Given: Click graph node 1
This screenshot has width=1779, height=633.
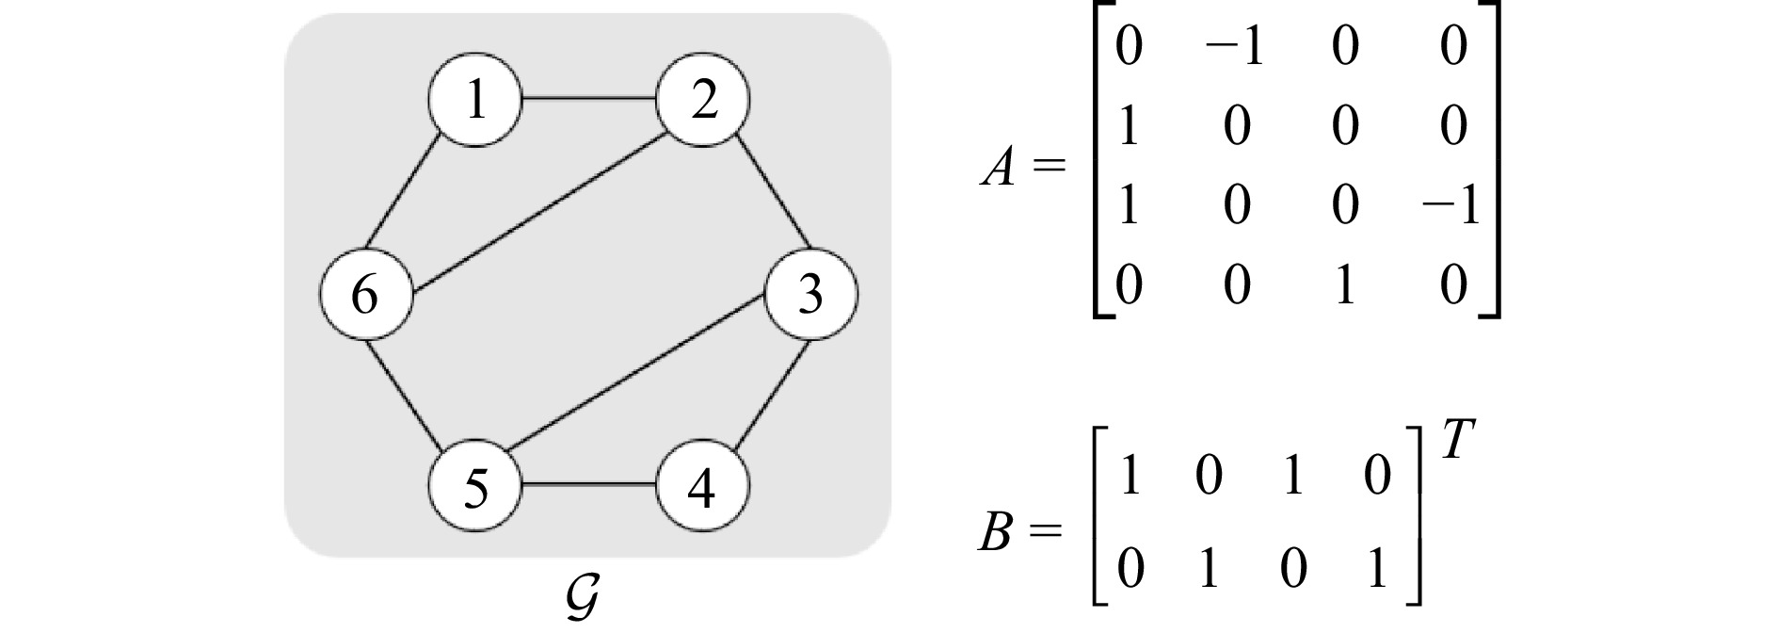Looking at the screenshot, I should (475, 101).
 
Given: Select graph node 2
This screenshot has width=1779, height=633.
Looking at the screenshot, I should (703, 101).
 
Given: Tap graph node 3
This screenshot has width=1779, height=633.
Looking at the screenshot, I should (810, 294).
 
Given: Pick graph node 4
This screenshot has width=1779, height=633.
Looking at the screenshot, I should (703, 488).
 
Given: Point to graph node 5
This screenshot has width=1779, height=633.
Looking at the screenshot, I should (475, 488).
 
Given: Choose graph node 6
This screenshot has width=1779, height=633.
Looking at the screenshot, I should (365, 294).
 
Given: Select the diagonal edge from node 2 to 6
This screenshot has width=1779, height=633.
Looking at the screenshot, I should (541, 211).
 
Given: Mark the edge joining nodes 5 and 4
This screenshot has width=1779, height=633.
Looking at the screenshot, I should (589, 485).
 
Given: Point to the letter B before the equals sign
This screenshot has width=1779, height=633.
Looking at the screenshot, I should (995, 534).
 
